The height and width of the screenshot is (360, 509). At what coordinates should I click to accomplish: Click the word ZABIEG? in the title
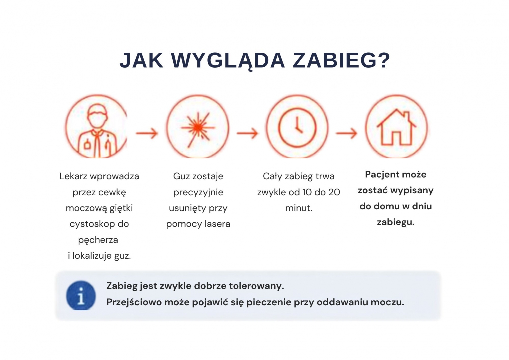[x=341, y=60]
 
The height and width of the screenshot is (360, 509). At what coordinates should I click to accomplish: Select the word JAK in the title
[x=141, y=60]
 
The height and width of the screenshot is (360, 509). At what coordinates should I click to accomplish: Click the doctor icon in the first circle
[x=97, y=130]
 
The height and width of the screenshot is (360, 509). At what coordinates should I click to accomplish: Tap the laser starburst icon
[x=198, y=128]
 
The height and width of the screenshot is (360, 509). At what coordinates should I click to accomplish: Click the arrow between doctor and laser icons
[x=147, y=133]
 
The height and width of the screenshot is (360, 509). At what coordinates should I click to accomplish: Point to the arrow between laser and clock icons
[x=247, y=133]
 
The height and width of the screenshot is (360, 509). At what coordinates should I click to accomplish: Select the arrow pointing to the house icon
[x=346, y=133]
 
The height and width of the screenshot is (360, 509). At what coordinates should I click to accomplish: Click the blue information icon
[x=81, y=295]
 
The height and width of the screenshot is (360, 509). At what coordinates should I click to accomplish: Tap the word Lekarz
[x=73, y=176]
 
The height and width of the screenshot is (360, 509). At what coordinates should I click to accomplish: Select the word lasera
[x=217, y=224]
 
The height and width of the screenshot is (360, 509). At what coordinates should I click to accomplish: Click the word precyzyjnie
[x=198, y=193]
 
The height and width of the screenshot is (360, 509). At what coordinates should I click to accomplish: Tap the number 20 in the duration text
[x=334, y=192]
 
